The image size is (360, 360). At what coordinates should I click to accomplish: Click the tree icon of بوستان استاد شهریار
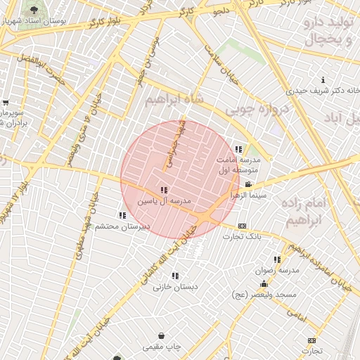click(x=33, y=10)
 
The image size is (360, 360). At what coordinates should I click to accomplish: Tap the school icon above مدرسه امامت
click(x=238, y=149)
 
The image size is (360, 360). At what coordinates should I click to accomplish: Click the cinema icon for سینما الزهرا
click(x=248, y=184)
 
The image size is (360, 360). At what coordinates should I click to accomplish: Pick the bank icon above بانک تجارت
click(x=243, y=226)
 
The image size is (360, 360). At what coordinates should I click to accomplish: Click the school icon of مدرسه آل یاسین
click(x=164, y=190)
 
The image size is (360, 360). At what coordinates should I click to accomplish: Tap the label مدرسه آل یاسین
click(x=164, y=201)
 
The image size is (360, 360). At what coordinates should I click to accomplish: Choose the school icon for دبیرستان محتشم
click(x=122, y=215)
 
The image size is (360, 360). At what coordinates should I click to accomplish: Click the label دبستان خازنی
click(x=176, y=287)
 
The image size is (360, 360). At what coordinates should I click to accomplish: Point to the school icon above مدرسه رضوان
click(x=277, y=259)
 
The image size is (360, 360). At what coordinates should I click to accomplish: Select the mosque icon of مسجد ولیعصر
click(x=264, y=284)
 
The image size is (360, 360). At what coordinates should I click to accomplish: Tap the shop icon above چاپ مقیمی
click(x=162, y=336)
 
